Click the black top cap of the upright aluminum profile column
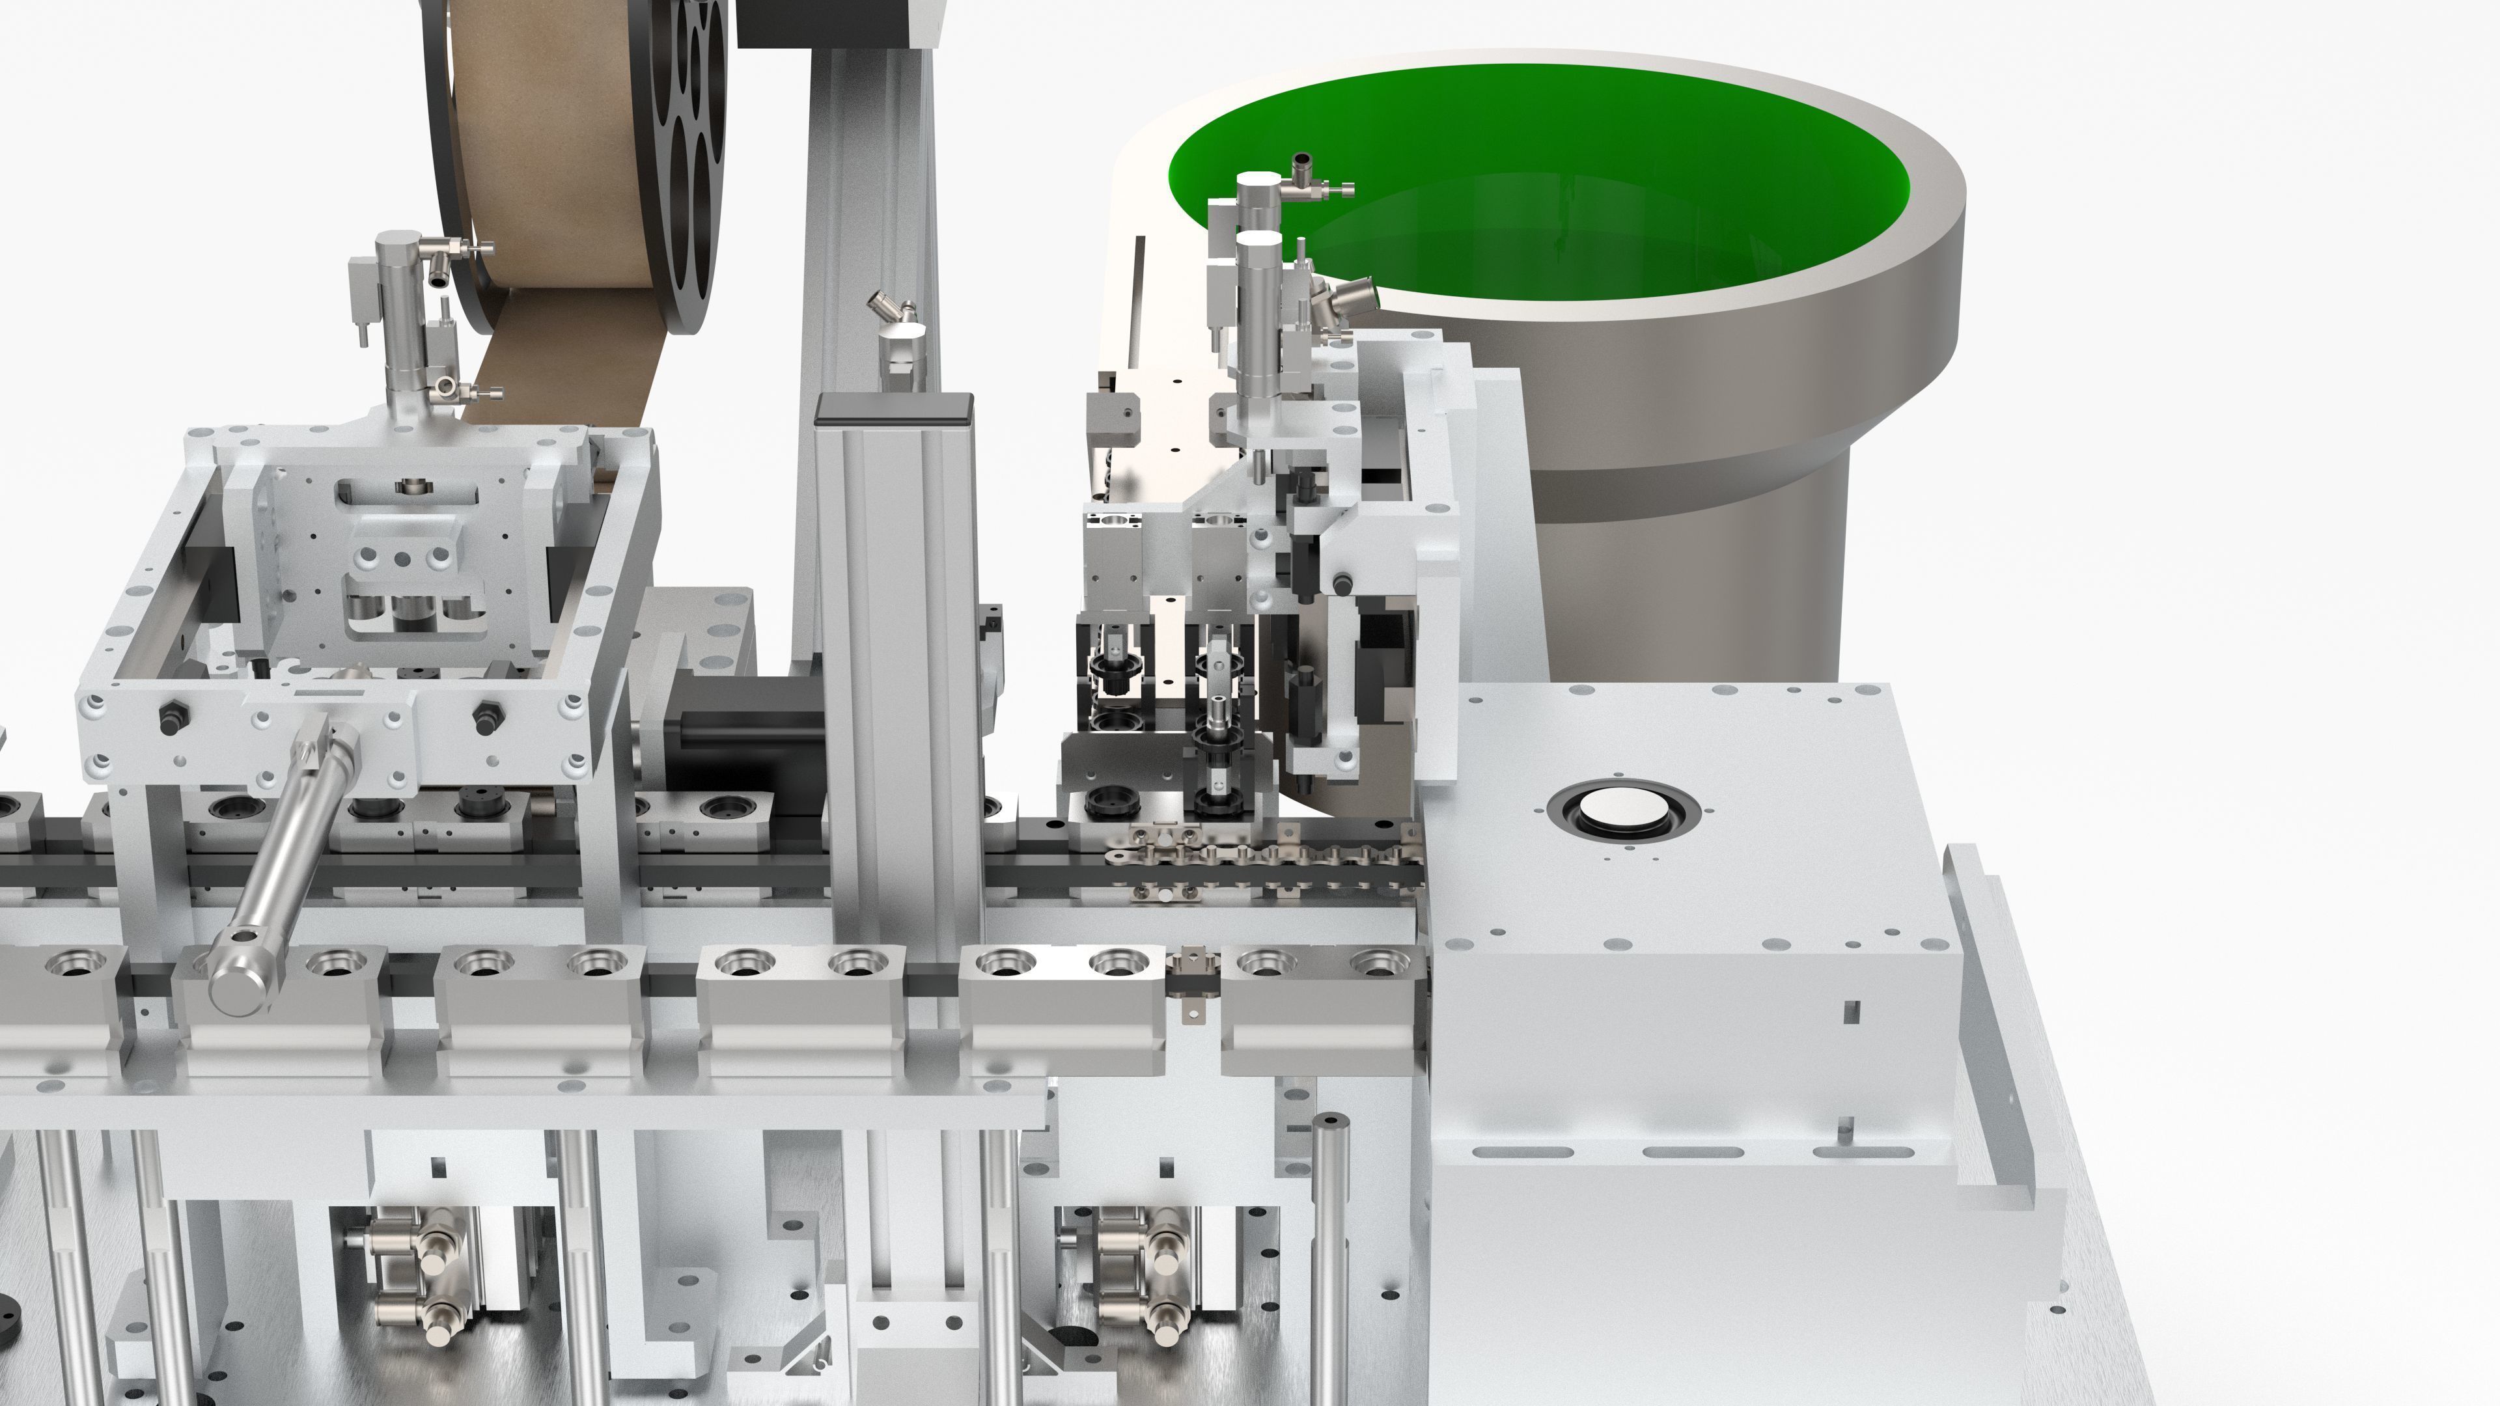894,409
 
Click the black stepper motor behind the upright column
738,747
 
